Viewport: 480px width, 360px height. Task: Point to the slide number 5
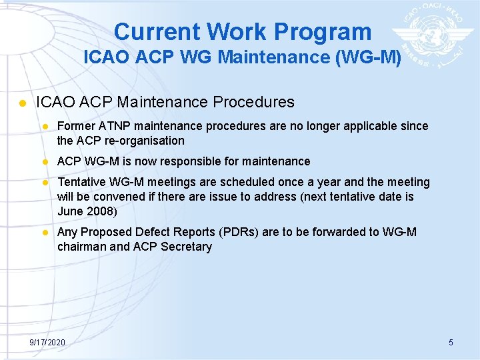(x=451, y=342)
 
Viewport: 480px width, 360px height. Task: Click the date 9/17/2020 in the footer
(x=47, y=342)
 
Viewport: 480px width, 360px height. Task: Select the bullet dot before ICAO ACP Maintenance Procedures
(x=22, y=103)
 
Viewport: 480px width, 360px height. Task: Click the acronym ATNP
(x=121, y=126)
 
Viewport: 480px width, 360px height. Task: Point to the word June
(x=71, y=211)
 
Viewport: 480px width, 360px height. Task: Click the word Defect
(x=154, y=232)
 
